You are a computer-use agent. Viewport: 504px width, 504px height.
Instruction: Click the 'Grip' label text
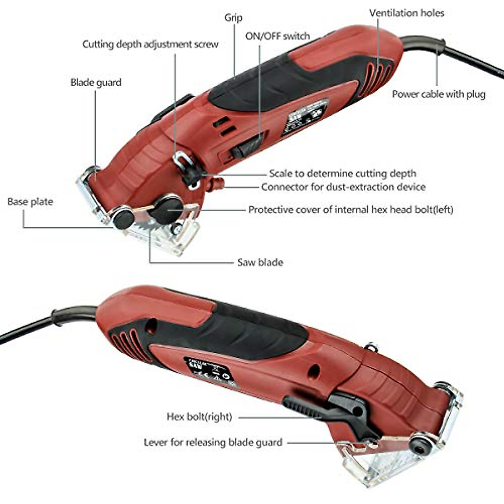pyautogui.click(x=233, y=18)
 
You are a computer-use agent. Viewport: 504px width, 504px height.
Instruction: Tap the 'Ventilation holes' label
pyautogui.click(x=406, y=13)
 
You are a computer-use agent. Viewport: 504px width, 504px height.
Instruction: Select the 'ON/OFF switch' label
pyautogui.click(x=277, y=36)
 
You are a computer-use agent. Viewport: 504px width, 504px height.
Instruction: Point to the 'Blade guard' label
pyautogui.click(x=96, y=82)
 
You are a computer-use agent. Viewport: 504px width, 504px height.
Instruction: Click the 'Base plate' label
pyautogui.click(x=30, y=202)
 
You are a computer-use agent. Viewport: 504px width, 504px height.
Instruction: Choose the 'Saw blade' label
pyautogui.click(x=260, y=262)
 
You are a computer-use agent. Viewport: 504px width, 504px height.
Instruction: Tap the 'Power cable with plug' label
pyautogui.click(x=438, y=94)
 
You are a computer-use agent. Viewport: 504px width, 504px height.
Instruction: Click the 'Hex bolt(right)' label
pyautogui.click(x=199, y=417)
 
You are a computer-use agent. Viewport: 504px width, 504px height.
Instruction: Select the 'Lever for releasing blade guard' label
pyautogui.click(x=213, y=442)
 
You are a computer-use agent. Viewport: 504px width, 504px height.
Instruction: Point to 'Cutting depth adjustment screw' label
pyautogui.click(x=150, y=44)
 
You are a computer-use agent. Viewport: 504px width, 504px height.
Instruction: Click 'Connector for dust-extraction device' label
pyautogui.click(x=343, y=187)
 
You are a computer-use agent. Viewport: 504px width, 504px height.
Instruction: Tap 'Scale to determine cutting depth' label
pyautogui.click(x=342, y=173)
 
